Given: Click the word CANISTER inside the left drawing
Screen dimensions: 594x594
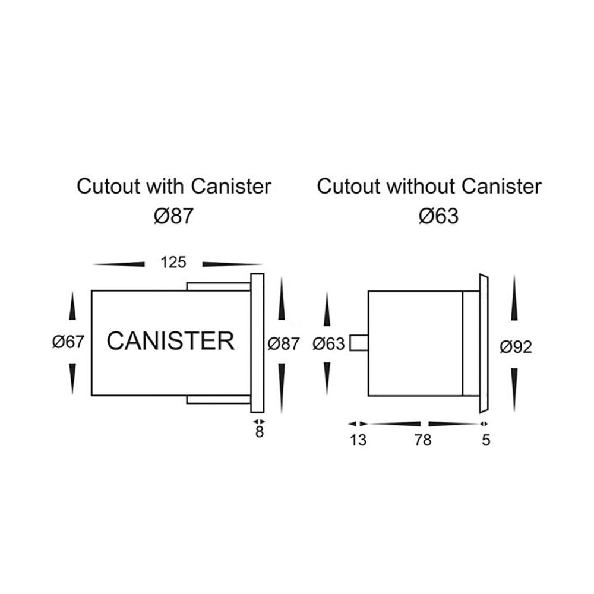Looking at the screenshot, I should [170, 342].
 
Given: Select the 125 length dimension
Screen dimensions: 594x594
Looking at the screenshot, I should [173, 262].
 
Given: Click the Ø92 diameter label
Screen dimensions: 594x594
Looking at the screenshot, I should [515, 346].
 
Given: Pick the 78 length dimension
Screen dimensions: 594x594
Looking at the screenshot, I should [424, 440].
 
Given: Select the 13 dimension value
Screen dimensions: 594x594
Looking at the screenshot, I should [359, 440].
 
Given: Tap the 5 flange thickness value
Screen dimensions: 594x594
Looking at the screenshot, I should [486, 440].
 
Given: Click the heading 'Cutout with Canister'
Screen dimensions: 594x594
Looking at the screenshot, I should [173, 187].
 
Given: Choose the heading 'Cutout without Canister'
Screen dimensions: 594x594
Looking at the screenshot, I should [429, 187].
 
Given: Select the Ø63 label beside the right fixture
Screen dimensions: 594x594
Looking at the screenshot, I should [328, 344].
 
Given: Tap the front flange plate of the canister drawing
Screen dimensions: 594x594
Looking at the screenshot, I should [257, 343].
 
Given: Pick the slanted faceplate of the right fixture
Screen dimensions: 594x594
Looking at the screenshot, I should [482, 343].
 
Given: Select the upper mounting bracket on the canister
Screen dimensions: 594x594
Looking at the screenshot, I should [218, 286].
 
